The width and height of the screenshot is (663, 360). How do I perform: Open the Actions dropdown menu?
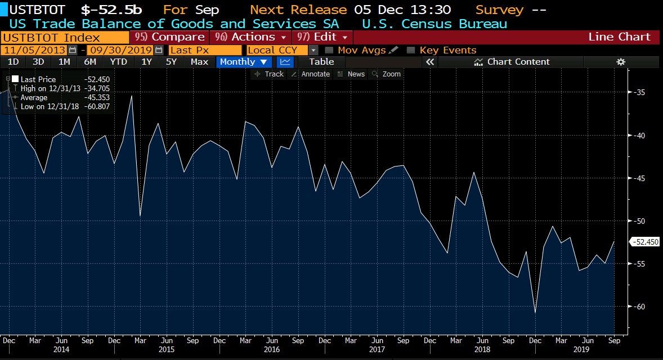tap(250, 37)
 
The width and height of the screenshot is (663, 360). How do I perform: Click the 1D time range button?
tap(13, 62)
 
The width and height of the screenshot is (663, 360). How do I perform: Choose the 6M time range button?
tap(89, 62)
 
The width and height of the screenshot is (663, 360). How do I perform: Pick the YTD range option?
tap(118, 62)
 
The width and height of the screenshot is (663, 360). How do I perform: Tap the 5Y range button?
tap(171, 62)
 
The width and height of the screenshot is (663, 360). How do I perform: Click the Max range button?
tap(199, 62)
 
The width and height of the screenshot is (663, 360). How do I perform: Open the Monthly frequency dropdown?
tap(243, 62)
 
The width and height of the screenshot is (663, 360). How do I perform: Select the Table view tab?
tap(321, 62)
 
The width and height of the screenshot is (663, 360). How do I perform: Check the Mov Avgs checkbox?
tap(330, 51)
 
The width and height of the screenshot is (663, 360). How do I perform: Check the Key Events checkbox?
tap(411, 51)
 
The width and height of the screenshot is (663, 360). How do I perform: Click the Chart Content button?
tap(512, 62)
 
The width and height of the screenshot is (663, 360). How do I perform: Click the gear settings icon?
tap(621, 62)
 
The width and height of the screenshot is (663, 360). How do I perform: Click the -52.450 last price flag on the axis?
tap(644, 242)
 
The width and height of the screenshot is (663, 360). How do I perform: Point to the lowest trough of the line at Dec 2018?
tap(535, 313)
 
